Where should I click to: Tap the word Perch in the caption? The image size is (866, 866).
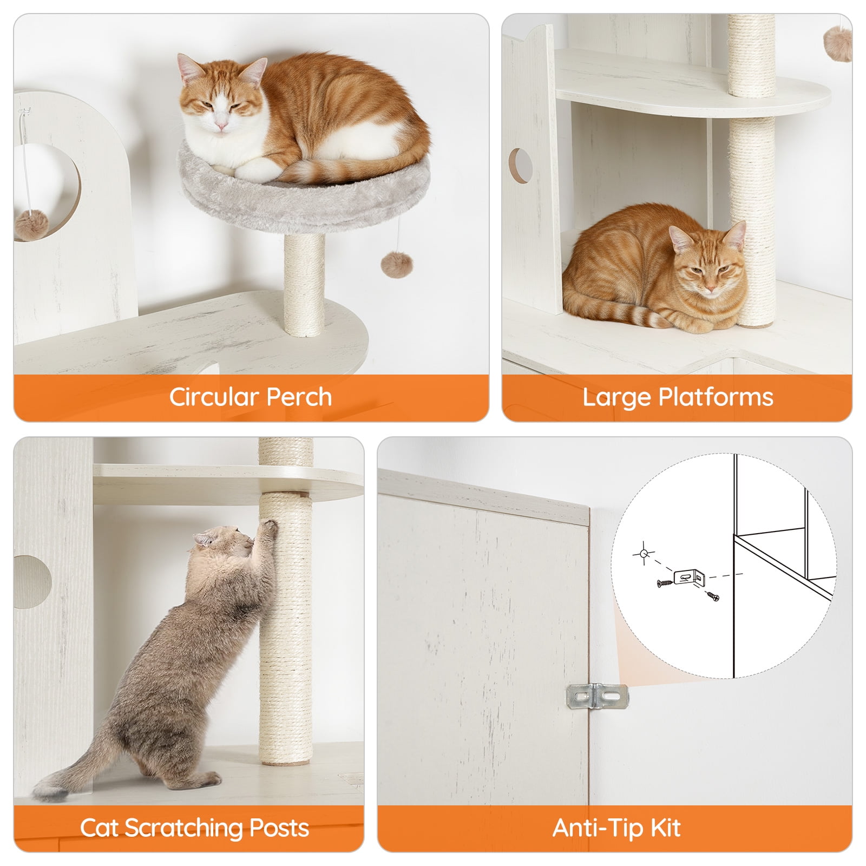[299, 397]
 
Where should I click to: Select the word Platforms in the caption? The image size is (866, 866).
[716, 398]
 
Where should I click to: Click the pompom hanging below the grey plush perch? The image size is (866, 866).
[396, 264]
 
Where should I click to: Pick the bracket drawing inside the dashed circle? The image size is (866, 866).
[690, 578]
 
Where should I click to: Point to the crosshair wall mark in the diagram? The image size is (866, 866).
[643, 554]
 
